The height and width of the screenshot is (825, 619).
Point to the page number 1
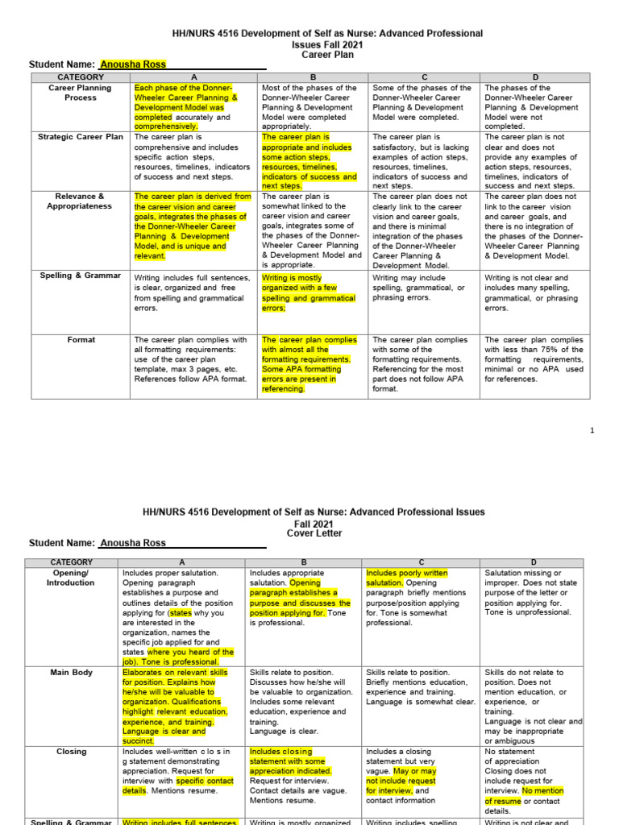pos(592,430)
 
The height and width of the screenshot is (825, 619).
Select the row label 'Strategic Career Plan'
pos(81,137)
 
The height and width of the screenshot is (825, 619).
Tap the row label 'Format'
pos(81,340)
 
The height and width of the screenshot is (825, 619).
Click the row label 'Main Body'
pos(71,672)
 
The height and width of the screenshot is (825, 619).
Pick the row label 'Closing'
pos(71,751)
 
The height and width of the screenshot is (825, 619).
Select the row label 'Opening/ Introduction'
pos(71,578)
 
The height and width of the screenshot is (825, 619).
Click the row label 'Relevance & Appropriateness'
pos(81,201)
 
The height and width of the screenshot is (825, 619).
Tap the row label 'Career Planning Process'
pos(81,93)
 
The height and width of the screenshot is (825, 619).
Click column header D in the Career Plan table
pos(535,77)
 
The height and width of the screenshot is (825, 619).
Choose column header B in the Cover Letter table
pos(304,562)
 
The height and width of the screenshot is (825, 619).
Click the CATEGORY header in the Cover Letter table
pos(71,562)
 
